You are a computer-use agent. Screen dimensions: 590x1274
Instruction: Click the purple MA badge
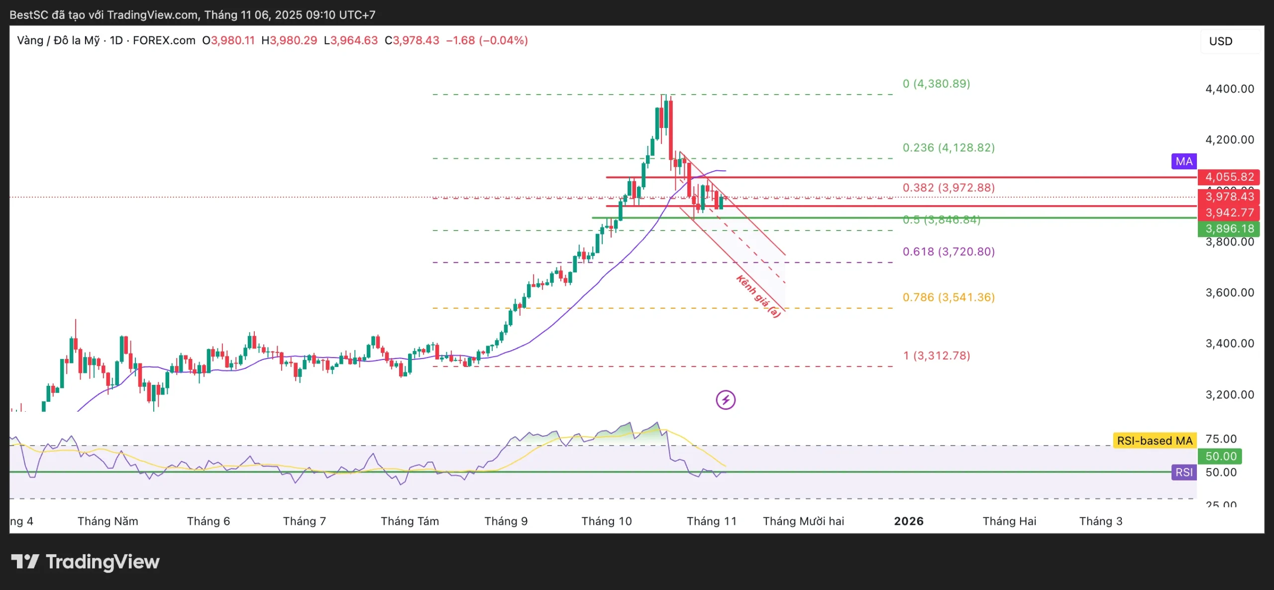pos(1183,161)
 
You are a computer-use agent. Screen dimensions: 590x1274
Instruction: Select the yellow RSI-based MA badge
pos(1154,441)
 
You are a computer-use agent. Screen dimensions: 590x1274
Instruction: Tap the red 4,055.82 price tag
pos(1229,177)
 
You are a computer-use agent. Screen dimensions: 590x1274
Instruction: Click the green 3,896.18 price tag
pos(1229,229)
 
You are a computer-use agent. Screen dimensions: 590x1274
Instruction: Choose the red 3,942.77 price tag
pos(1229,213)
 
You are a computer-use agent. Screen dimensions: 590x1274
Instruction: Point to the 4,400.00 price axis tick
pos(1229,89)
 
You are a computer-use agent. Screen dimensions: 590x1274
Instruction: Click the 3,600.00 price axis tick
pos(1229,293)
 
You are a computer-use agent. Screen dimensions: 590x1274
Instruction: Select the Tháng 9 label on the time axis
pos(506,521)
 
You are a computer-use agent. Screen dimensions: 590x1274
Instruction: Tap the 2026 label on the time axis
pos(908,521)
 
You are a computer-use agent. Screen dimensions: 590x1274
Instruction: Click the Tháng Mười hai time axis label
pos(803,521)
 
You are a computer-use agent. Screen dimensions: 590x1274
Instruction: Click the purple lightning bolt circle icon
pos(726,400)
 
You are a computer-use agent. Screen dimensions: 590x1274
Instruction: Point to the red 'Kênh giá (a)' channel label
pos(758,296)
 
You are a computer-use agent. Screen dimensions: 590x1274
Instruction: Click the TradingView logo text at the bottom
pos(86,562)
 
